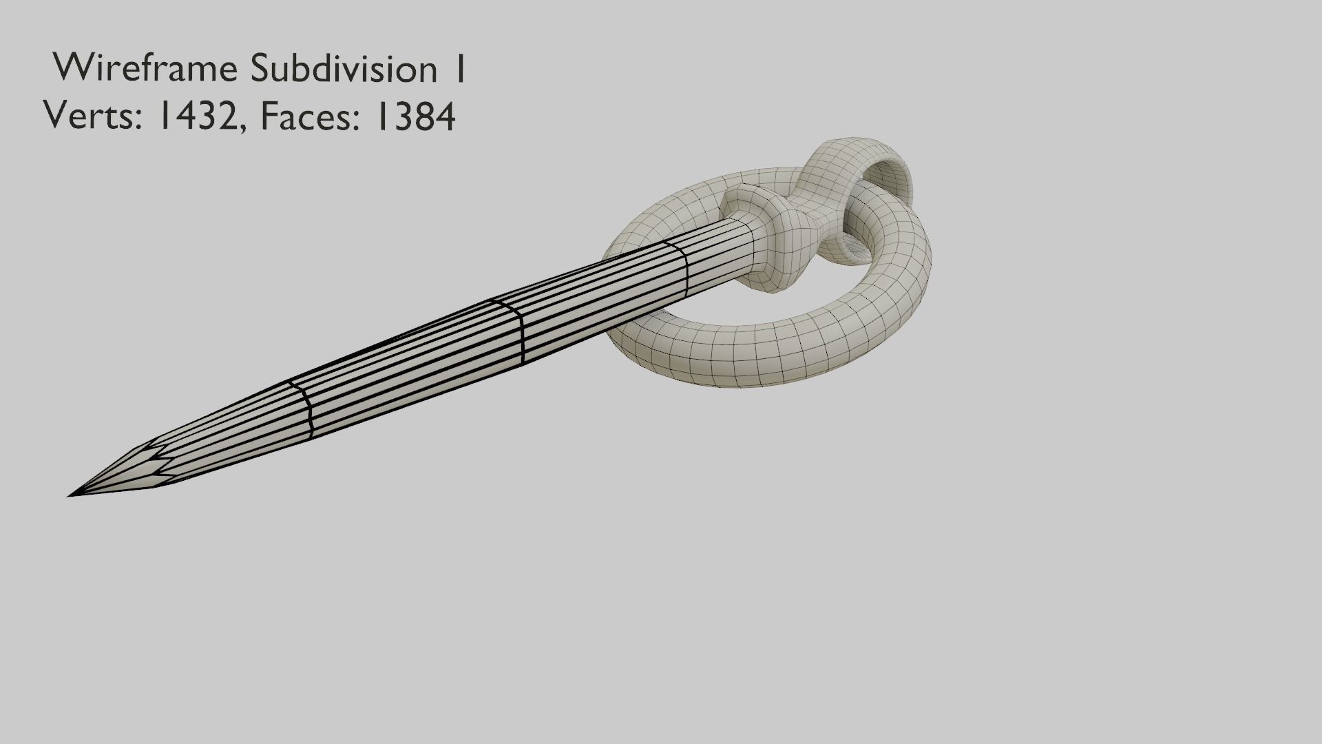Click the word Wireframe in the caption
[146, 69]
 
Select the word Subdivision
[343, 69]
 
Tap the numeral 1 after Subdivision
[459, 69]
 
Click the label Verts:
[93, 116]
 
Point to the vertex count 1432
[200, 116]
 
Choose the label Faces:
[310, 116]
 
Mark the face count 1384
[413, 116]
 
